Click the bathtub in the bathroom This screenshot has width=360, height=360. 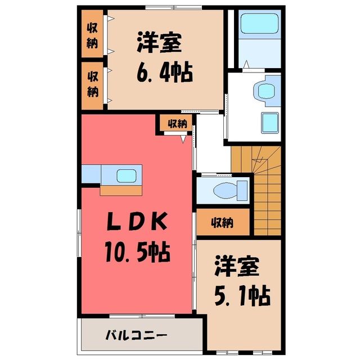pos(260,24)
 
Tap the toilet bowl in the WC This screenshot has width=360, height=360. pos(225,190)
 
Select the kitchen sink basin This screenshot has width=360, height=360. pos(127,176)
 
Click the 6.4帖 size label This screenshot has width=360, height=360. pos(165,72)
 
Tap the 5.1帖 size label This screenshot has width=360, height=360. pos(242,295)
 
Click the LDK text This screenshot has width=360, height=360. pos(137,221)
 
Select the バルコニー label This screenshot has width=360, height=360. pos(136,335)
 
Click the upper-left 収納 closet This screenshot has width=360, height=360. pos(92,34)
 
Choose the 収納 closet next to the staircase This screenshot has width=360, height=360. pos(223,222)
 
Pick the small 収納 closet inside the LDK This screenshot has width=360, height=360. pos(176,123)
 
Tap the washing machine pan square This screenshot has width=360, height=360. pos(270,123)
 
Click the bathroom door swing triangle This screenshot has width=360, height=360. pos(246,64)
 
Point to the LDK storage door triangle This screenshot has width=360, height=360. pos(183,139)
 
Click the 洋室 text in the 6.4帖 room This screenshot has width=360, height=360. pos(159,43)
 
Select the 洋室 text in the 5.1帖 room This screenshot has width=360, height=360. pos(237,266)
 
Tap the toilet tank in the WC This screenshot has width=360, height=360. pos(242,190)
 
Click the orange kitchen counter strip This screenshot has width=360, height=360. pos(121,190)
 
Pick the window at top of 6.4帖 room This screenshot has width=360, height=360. pos(174,7)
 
